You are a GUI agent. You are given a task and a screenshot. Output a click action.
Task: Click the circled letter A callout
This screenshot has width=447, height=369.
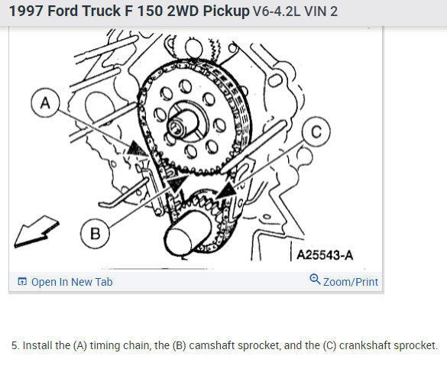(45, 102)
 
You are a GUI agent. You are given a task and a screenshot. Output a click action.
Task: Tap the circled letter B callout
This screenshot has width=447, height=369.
(95, 233)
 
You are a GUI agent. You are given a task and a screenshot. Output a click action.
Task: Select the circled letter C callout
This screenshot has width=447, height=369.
(316, 131)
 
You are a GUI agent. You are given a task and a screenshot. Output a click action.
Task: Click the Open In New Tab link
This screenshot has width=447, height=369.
(72, 282)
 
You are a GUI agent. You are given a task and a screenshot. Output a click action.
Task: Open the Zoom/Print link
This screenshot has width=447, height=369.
(351, 282)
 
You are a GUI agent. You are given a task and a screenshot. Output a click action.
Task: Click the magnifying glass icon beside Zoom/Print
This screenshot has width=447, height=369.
(315, 279)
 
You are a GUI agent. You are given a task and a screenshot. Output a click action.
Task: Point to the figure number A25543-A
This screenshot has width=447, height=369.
(325, 254)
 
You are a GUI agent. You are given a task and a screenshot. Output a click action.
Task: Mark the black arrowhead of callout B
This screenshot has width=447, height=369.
(177, 183)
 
